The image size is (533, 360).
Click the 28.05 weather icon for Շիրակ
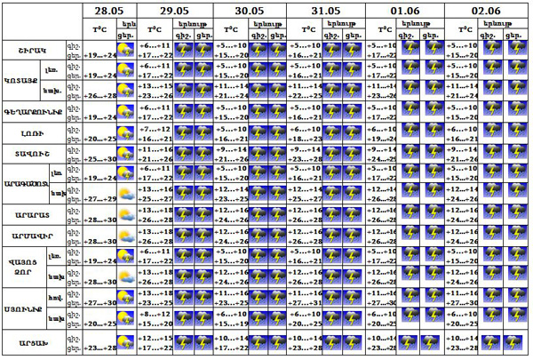[127, 50]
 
